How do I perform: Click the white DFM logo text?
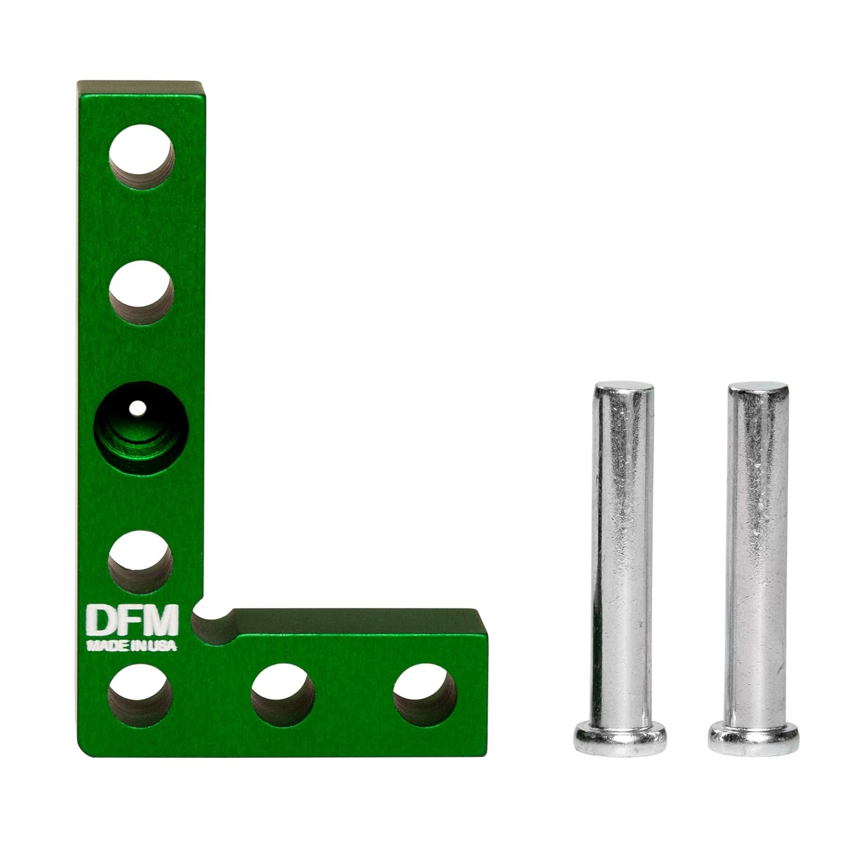click(x=132, y=619)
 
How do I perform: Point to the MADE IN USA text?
click(x=132, y=644)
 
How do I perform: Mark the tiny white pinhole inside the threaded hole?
click(x=137, y=408)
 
